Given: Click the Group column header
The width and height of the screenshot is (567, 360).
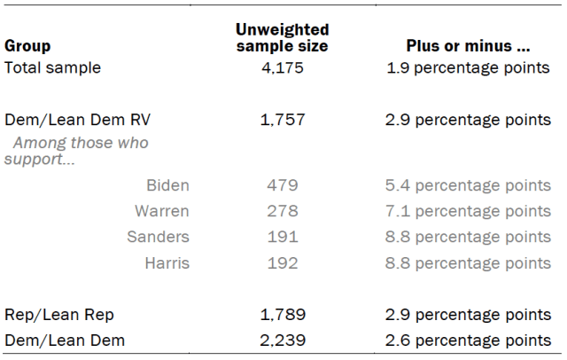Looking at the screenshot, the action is tap(27, 46).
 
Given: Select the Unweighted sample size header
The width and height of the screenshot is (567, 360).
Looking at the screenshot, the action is tap(282, 37).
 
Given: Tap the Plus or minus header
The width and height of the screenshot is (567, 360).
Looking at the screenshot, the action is tap(468, 46).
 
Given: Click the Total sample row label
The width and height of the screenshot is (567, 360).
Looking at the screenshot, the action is tap(52, 67).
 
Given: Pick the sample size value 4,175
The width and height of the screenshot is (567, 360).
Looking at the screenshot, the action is tap(283, 68).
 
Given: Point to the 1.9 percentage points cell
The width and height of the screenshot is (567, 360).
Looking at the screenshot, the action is tap(468, 68).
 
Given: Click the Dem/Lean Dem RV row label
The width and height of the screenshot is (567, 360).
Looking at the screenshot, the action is tap(77, 120).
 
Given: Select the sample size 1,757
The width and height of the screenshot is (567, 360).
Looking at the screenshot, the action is tap(283, 120).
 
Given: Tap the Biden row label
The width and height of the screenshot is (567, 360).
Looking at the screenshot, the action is tap(167, 185).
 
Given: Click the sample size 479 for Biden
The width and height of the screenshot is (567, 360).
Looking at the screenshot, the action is tap(283, 185).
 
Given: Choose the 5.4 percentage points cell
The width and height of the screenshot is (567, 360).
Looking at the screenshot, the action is tap(468, 185).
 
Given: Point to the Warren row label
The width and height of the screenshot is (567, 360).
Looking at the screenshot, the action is tap(162, 211).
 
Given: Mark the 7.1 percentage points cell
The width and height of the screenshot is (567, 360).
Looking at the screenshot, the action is tap(468, 211).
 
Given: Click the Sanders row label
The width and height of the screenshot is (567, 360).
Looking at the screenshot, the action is tap(158, 237).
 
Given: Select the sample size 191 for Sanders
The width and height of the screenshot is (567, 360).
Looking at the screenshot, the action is tap(283, 237).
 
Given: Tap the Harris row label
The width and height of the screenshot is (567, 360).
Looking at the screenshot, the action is tap(167, 263).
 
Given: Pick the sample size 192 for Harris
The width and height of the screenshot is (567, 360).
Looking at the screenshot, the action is tap(283, 263).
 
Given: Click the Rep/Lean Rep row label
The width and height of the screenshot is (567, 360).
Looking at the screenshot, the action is tap(59, 315).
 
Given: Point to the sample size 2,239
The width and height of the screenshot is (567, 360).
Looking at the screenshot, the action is tap(283, 340).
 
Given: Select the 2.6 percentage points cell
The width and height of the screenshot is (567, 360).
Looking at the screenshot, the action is tap(468, 340).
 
